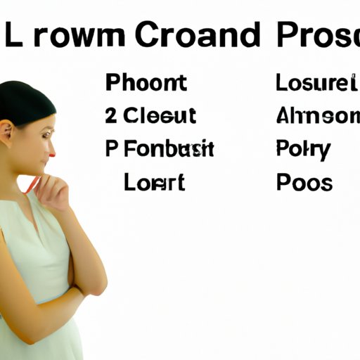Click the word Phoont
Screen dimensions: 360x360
(146, 83)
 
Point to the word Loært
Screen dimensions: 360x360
(154, 182)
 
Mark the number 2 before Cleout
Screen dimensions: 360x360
(111, 116)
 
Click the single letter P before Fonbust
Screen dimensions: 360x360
(112, 149)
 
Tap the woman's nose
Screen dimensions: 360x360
(51, 143)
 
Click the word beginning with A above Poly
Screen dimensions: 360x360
(314, 116)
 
